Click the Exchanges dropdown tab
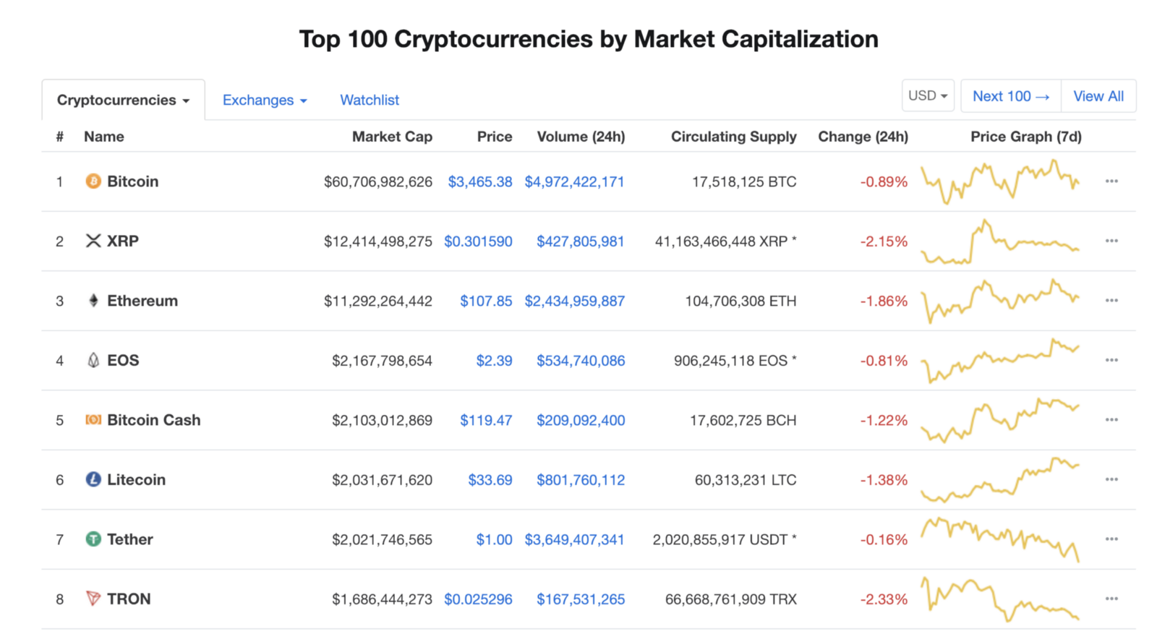point(264,100)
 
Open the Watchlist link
point(369,100)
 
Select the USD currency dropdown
point(928,96)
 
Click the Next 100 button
point(1010,96)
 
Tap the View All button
point(1098,96)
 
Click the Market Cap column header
point(392,137)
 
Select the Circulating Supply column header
point(733,137)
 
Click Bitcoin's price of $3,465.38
point(480,182)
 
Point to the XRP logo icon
point(93,241)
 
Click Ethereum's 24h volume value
point(574,301)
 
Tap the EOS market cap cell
point(382,361)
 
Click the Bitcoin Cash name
point(153,420)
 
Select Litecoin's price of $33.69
point(490,480)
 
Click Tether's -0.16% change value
point(883,540)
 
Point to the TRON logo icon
point(93,599)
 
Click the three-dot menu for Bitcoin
point(1111,181)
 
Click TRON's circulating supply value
point(730,599)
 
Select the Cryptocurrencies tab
point(123,100)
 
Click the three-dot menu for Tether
point(1111,539)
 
